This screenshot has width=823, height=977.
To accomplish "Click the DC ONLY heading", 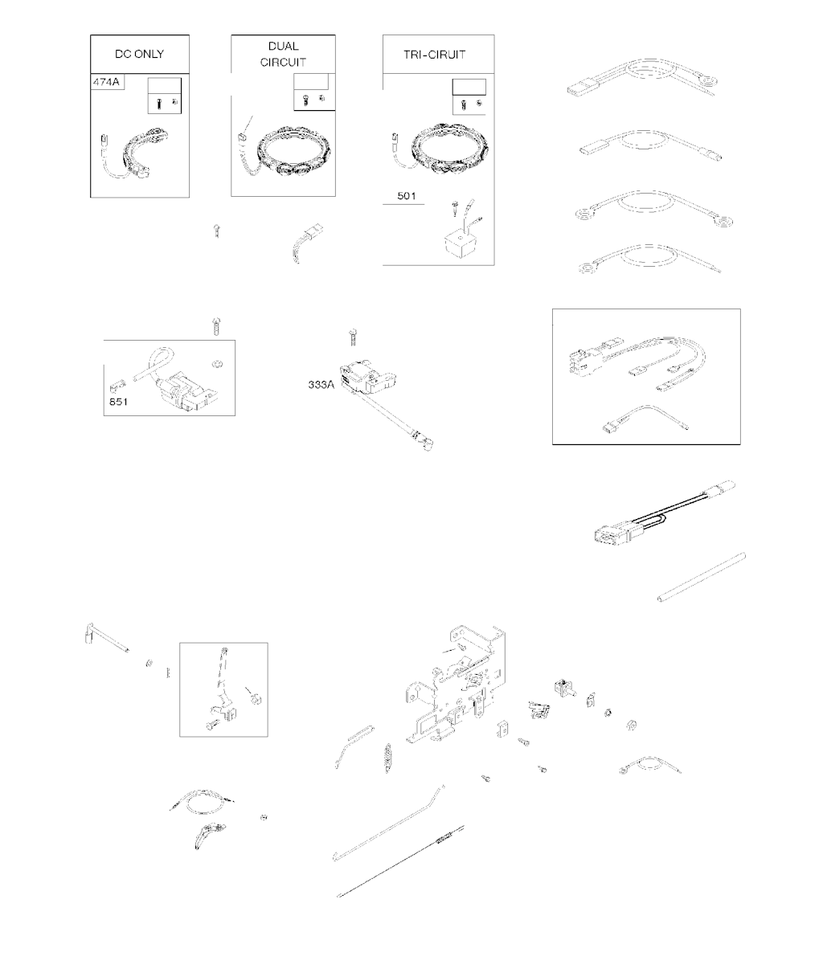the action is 140,55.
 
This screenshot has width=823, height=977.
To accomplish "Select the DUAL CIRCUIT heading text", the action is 283,55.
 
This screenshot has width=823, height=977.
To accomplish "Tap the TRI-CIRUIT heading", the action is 435,55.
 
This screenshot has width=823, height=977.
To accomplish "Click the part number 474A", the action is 106,82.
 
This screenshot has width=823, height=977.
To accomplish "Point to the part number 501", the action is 407,196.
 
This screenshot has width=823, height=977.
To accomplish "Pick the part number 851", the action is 118,402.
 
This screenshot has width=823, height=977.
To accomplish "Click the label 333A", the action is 321,385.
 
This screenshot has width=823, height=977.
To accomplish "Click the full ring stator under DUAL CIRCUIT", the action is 294,151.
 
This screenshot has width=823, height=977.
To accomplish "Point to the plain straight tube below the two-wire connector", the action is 702,578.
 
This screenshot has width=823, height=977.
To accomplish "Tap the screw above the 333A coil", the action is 354,337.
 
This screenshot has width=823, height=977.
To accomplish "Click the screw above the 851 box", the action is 217,326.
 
